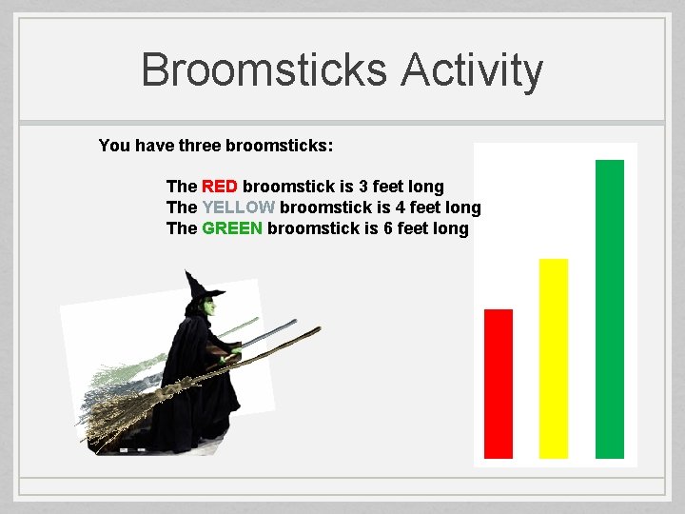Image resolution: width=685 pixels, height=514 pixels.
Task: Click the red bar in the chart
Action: (x=499, y=384)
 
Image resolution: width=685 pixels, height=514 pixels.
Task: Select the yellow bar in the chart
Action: (x=554, y=358)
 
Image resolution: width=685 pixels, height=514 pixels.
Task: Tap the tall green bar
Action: (x=610, y=308)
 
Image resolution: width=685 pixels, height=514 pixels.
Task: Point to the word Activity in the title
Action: (x=472, y=70)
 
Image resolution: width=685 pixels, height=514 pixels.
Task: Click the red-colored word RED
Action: (x=220, y=187)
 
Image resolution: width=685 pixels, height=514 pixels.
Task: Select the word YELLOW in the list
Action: (x=239, y=208)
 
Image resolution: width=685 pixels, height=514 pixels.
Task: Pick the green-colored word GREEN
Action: (x=232, y=228)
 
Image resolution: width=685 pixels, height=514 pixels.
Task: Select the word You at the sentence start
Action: (x=114, y=146)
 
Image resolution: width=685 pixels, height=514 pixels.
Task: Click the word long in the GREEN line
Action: (x=450, y=228)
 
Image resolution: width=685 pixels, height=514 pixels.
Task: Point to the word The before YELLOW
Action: (x=182, y=208)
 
